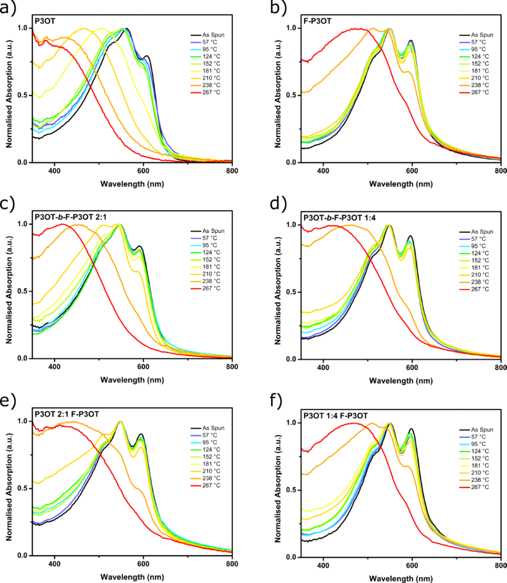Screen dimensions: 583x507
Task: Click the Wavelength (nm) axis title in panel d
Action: pos(400,379)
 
